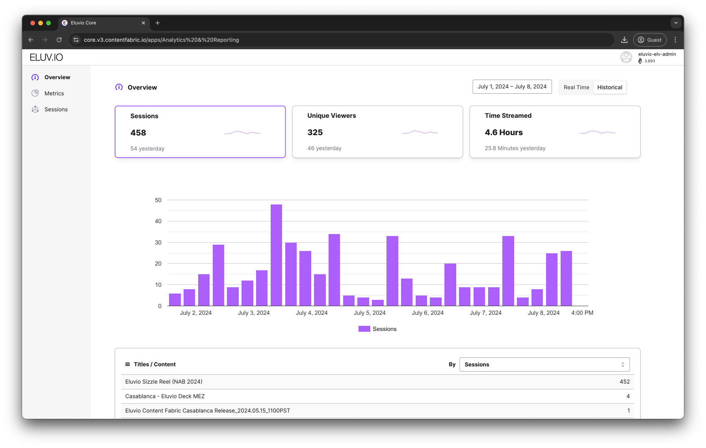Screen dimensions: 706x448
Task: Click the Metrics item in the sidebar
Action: (54, 93)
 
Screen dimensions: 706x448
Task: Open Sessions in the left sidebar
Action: (56, 110)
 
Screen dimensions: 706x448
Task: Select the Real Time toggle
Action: (576, 87)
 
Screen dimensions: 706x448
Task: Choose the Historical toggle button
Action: (609, 87)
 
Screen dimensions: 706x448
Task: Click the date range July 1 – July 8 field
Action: (512, 87)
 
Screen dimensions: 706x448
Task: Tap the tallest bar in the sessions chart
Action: (276, 255)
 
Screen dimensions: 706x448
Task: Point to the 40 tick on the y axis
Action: (158, 221)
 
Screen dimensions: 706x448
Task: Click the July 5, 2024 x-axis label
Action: (370, 313)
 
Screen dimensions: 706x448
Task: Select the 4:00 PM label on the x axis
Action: (582, 313)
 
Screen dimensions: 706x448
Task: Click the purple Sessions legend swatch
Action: (364, 329)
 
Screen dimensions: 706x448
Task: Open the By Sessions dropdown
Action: (544, 364)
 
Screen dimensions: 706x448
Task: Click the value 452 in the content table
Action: (624, 382)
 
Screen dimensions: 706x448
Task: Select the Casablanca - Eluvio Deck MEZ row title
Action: (165, 396)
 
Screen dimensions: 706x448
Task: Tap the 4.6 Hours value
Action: (503, 133)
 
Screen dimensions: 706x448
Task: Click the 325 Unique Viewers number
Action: (315, 133)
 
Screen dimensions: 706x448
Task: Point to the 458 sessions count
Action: (138, 133)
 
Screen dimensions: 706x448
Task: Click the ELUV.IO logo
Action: (46, 58)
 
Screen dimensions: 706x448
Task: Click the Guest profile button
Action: (649, 40)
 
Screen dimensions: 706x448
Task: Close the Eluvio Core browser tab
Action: (143, 23)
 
